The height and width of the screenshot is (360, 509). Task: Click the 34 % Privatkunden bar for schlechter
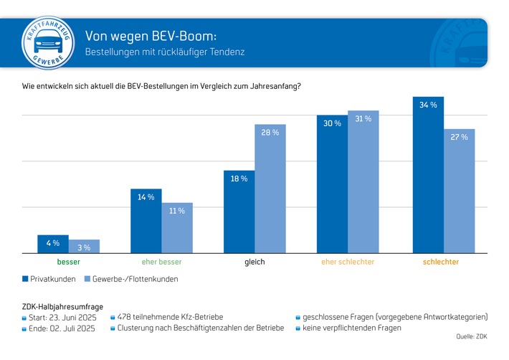[x=428, y=175]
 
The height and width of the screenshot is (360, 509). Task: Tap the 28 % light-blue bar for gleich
[x=270, y=189]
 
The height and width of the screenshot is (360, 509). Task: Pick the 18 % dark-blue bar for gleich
[x=239, y=212]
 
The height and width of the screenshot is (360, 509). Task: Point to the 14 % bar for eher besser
[x=146, y=221]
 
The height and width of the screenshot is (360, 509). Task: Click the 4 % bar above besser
[x=53, y=244]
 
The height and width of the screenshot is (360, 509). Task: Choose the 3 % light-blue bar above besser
[x=84, y=246]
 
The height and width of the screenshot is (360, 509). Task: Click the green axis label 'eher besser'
[x=162, y=262]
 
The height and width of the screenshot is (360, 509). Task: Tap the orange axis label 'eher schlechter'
[x=347, y=262]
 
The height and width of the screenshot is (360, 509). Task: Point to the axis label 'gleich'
[x=255, y=262]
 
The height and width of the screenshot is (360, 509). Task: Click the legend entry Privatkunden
[x=50, y=279]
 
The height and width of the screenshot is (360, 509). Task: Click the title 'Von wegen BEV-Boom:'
[x=151, y=36]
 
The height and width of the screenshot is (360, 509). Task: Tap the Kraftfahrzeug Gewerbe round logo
[x=47, y=42]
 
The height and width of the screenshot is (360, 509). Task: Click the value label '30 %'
[x=333, y=123]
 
